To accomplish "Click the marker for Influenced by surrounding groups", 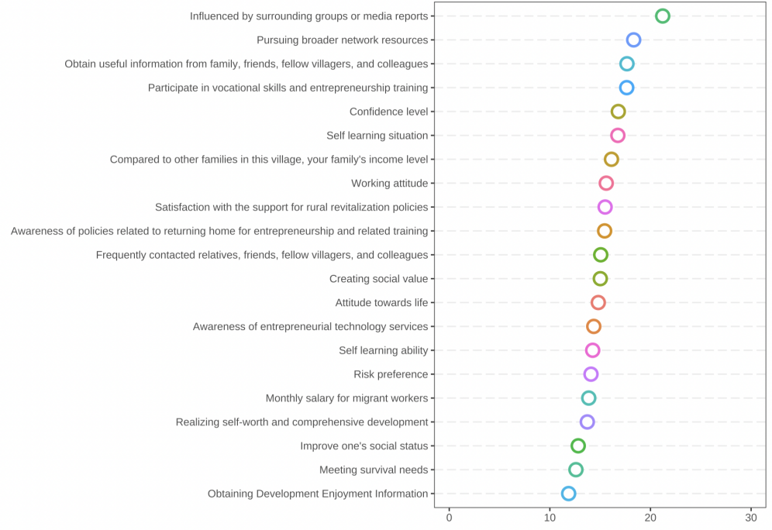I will coord(662,16).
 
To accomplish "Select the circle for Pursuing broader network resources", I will coord(633,40).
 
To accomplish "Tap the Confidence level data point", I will coord(618,112).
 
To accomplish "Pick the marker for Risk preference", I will coord(591,374).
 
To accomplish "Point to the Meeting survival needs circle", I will coord(575,470).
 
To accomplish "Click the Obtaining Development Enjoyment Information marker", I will coord(568,494).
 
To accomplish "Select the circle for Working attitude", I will coord(606,184).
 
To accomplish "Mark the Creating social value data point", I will coord(600,279).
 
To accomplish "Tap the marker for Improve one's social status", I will coord(577,446).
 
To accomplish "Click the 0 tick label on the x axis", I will coord(449,518).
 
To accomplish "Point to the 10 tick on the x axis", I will coord(550,518).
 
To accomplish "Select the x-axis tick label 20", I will coord(650,518).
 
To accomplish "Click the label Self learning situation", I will coord(377,136).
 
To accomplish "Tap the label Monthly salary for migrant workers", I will coord(346,398).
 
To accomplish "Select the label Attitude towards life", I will coord(381,303).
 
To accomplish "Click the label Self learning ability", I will coord(383,350).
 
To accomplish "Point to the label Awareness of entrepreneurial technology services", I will coord(310,327).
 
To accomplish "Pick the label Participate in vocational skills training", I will coord(288,88).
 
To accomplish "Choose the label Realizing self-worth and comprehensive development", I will coord(302,422).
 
